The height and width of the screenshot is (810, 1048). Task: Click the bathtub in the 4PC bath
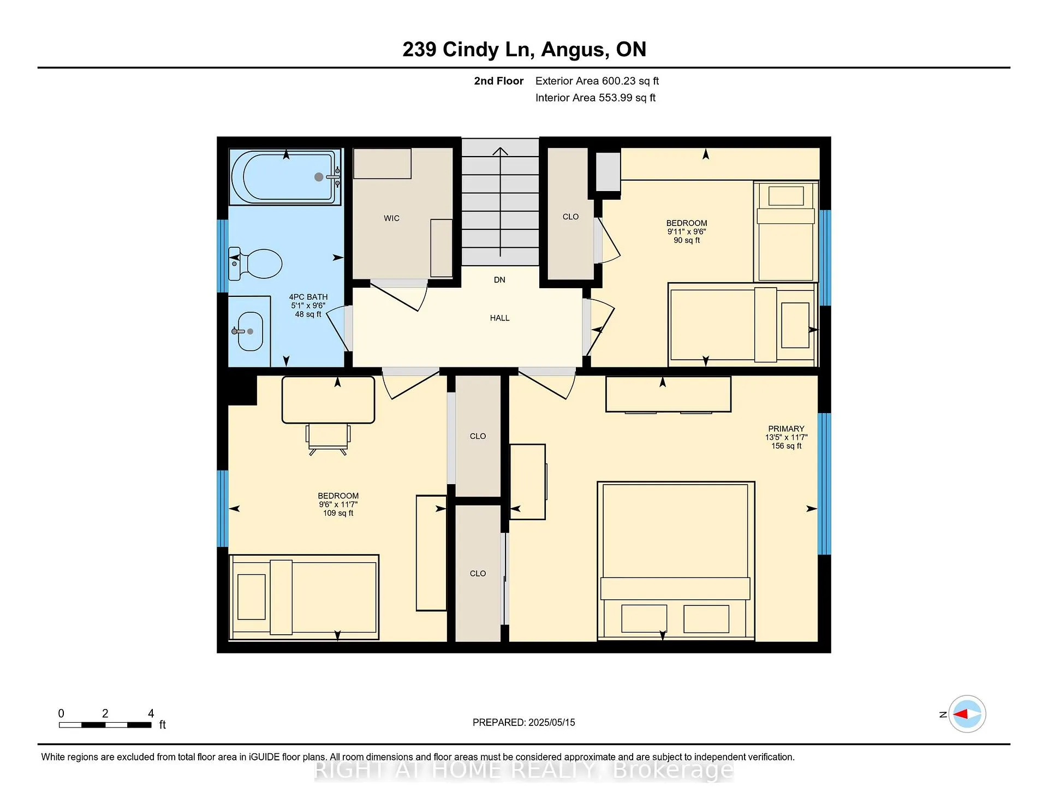(x=285, y=177)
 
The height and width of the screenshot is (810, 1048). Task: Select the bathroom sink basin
(x=249, y=331)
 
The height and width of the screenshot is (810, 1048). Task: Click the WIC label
(x=391, y=218)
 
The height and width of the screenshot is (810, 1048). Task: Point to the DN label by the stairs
(x=499, y=280)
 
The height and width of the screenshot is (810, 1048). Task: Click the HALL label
(x=499, y=318)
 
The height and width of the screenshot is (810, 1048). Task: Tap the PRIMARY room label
(x=786, y=429)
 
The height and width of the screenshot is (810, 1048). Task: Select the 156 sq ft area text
(x=786, y=446)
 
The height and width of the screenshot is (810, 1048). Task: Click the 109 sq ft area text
(x=338, y=513)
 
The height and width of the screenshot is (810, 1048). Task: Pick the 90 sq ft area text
(x=686, y=240)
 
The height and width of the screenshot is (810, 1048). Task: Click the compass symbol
(x=967, y=714)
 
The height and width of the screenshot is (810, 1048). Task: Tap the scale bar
(x=105, y=725)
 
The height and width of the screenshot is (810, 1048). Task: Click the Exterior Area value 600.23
(x=619, y=81)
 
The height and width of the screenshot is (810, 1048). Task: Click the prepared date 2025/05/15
(x=551, y=723)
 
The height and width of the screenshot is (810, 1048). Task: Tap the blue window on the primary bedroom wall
(x=824, y=484)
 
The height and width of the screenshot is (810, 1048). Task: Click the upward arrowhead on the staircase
(x=500, y=151)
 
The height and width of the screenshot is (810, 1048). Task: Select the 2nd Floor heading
(x=498, y=81)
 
